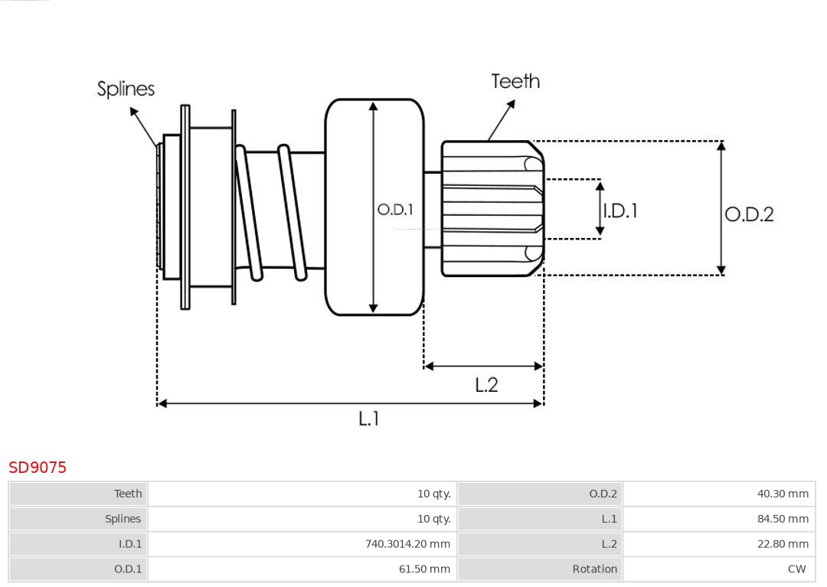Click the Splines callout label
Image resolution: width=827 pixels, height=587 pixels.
[126, 89]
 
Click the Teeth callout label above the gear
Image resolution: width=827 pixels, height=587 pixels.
[515, 81]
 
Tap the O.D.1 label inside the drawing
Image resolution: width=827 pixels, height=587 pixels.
[395, 209]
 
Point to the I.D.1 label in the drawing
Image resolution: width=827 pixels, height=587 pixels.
[620, 210]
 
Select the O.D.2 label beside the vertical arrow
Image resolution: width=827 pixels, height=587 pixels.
[749, 214]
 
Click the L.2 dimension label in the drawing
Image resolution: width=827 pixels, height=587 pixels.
[486, 384]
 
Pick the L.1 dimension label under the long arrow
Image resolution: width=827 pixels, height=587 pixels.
[369, 418]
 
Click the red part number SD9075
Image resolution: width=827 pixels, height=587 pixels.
[38, 467]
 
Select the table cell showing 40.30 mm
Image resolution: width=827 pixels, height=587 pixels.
[783, 494]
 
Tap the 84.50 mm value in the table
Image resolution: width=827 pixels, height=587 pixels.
[783, 519]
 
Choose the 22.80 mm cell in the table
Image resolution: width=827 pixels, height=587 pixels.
[783, 544]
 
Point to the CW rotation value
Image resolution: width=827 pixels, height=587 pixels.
[796, 569]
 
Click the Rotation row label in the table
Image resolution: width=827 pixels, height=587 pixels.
[594, 569]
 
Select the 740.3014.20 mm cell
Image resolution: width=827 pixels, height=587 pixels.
[407, 544]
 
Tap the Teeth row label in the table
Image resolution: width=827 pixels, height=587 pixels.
[128, 494]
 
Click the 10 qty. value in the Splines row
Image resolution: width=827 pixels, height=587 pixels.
[433, 519]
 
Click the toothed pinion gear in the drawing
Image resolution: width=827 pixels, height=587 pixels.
[490, 208]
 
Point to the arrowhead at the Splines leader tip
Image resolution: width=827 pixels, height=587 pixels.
[133, 111]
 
